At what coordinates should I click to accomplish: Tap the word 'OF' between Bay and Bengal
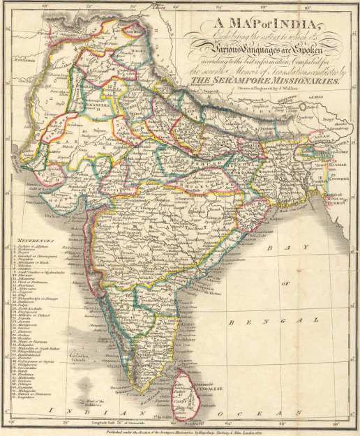(284, 284)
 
